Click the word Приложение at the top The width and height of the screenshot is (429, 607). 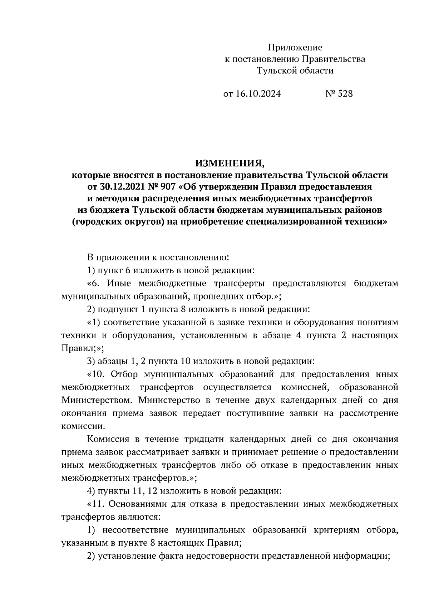(x=295, y=47)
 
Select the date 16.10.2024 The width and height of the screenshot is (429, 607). (x=258, y=94)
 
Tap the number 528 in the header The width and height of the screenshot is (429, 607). (x=345, y=94)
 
